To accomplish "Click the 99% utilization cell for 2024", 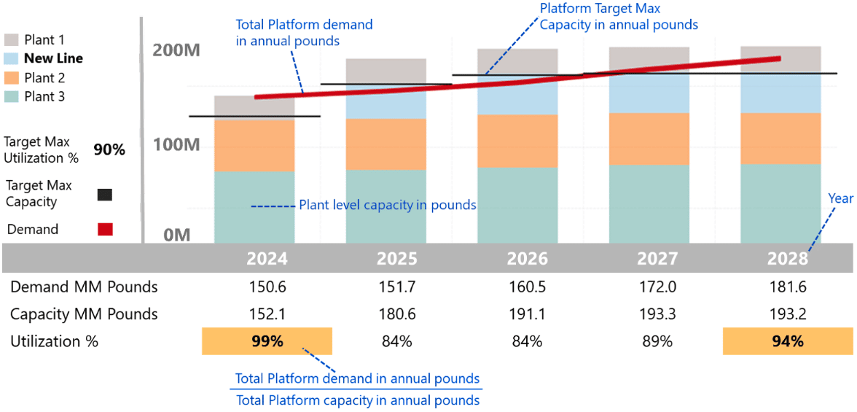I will [267, 341].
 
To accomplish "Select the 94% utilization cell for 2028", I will [788, 341].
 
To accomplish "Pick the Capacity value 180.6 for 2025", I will [396, 314].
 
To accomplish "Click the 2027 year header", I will [657, 259].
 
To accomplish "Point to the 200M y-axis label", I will [176, 51].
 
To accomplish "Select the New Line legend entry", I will [53, 58].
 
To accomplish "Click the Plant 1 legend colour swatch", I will [12, 39].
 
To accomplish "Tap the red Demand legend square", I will [105, 229].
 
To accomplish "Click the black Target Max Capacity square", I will [105, 195].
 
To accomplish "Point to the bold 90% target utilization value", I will [109, 149].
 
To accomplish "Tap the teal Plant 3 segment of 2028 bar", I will [780, 204].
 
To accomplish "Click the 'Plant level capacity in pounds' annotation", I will [387, 206].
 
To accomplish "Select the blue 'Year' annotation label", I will [840, 198].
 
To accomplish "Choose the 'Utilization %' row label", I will [54, 341].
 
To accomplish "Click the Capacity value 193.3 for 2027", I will [657, 314].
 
